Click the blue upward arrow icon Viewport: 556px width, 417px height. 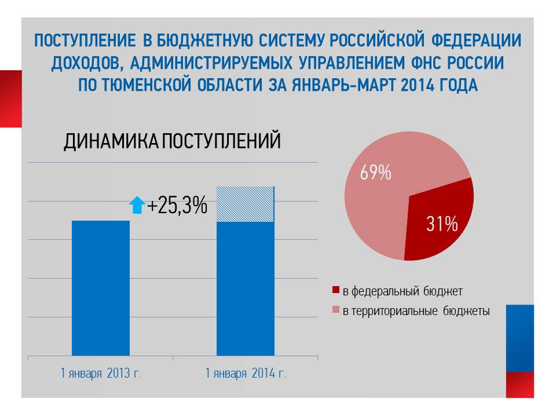tap(137, 206)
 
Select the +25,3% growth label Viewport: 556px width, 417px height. tap(177, 206)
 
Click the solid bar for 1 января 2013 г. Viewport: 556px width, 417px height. tap(101, 288)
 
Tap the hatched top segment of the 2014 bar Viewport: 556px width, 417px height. tap(245, 204)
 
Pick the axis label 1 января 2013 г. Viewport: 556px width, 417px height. tap(101, 373)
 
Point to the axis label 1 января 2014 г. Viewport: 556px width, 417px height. tap(246, 373)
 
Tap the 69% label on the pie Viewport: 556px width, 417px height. tap(375, 173)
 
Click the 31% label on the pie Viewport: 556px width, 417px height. tap(442, 224)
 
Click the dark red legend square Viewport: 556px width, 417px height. tap(336, 290)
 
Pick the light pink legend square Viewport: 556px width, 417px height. tap(336, 312)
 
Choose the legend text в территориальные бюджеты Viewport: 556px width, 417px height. tap(416, 312)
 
